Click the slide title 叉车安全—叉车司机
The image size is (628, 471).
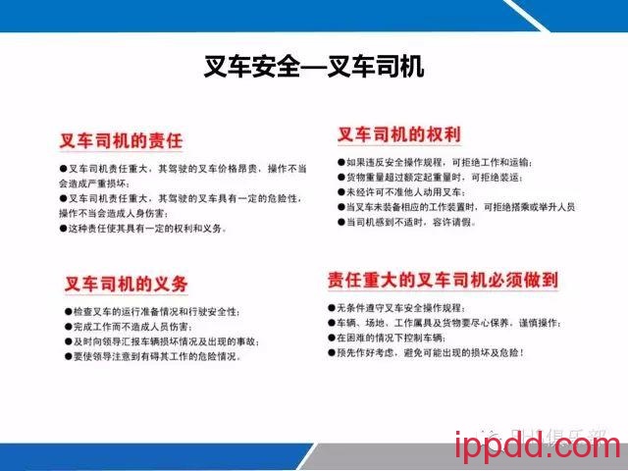click(x=313, y=67)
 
